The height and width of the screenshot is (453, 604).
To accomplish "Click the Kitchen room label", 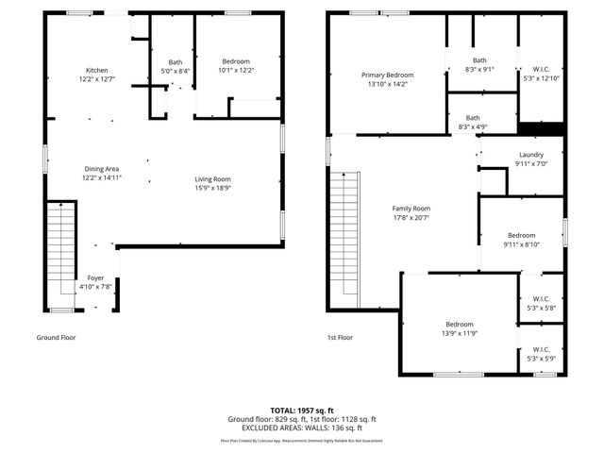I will click(96, 71).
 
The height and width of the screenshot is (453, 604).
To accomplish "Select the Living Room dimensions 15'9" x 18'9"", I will click(213, 188).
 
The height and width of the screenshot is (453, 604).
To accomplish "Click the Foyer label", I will click(95, 277).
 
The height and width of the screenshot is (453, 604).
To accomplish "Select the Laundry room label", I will click(531, 154).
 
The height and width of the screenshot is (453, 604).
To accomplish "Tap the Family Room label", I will click(411, 209).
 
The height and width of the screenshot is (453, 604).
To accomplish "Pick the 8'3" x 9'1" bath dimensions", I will click(479, 70).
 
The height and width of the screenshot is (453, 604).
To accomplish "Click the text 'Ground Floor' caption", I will click(56, 337).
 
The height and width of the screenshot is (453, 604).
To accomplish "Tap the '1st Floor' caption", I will click(340, 337).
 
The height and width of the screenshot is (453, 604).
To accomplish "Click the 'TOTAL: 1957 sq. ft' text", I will click(302, 411).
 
